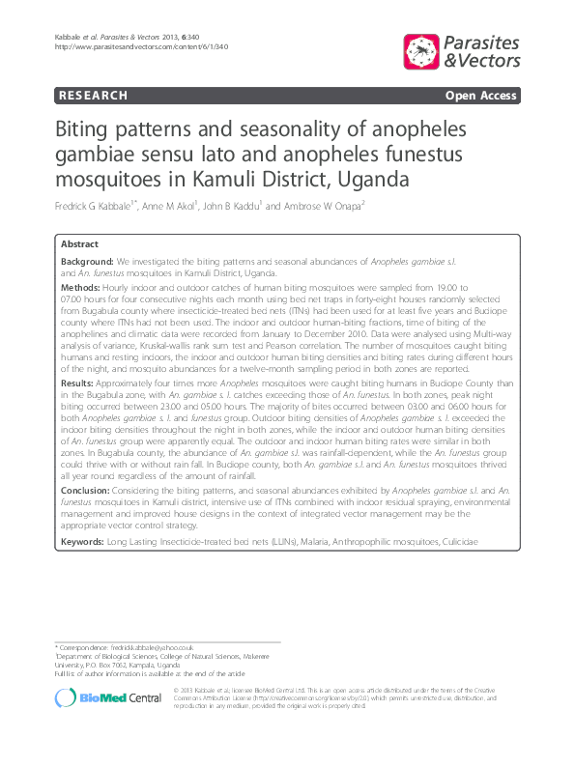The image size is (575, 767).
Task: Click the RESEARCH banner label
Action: coord(93,96)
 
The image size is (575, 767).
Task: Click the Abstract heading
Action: coord(79,244)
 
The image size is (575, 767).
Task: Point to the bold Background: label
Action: coord(87,262)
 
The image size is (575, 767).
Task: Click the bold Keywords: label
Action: coord(85,542)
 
